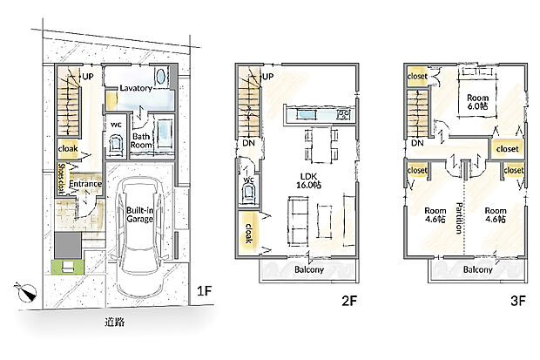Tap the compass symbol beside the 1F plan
[26, 292]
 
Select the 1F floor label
[204, 291]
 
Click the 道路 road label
[115, 323]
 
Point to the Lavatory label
[136, 88]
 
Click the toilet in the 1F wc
[116, 144]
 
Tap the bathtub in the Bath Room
[165, 134]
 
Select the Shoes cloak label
[61, 178]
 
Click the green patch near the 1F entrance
[68, 267]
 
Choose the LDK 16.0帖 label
[309, 180]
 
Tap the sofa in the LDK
[298, 221]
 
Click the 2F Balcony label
[309, 269]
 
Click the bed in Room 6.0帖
[477, 92]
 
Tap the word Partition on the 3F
[459, 218]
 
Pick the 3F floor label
[518, 301]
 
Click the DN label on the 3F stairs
[417, 142]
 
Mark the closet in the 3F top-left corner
[417, 76]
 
